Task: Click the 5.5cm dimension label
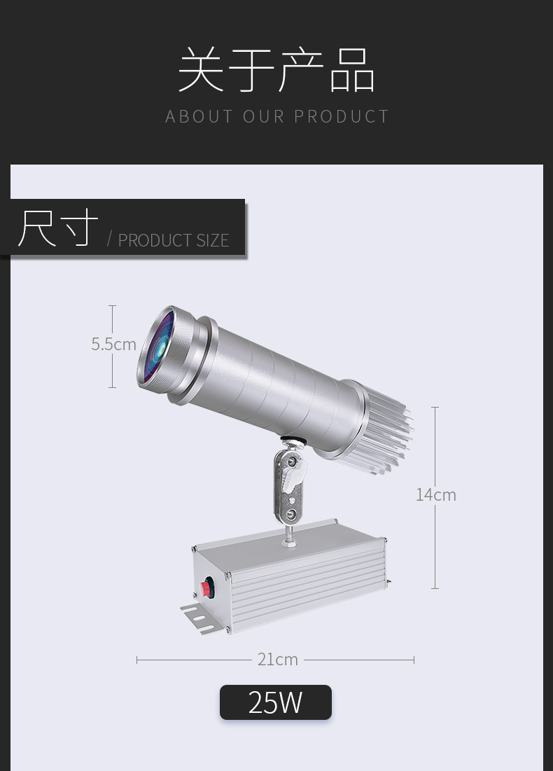[113, 345]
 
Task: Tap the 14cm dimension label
[436, 494]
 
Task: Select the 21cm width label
[278, 660]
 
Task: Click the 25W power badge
[276, 702]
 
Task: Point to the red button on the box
[206, 587]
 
